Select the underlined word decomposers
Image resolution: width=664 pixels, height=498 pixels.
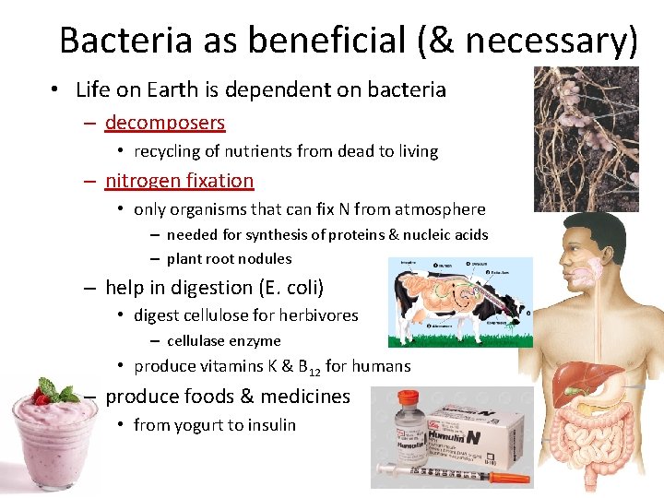tap(165, 122)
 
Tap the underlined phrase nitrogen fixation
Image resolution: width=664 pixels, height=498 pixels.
tap(179, 181)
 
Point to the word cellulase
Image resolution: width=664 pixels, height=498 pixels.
tap(197, 340)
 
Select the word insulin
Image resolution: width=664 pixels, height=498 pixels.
tap(272, 425)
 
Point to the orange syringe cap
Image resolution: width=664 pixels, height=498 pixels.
tap(508, 479)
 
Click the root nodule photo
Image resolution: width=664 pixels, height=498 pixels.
tap(586, 138)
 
